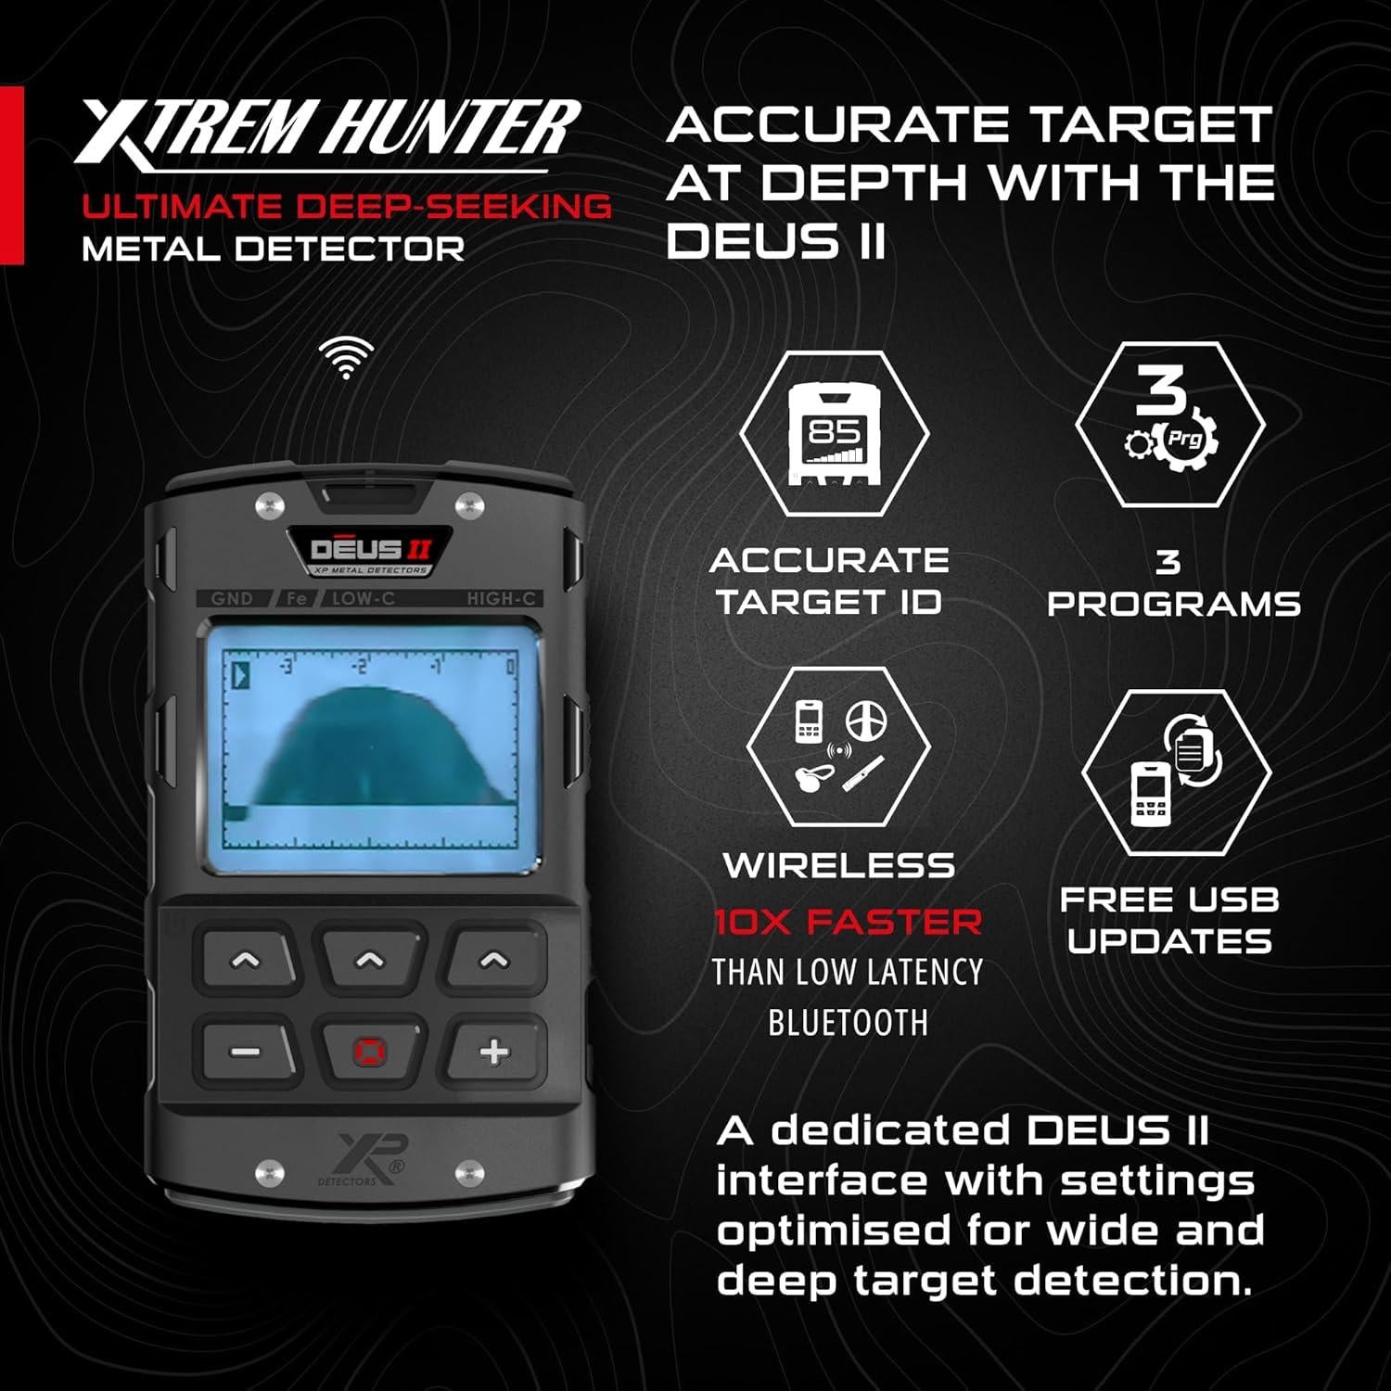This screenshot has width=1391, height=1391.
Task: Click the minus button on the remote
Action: pos(246,1052)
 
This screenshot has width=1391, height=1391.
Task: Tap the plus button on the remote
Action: pos(494,1052)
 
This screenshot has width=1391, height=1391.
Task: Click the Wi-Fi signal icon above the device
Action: pos(346,357)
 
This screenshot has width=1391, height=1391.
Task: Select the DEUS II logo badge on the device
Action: pos(370,552)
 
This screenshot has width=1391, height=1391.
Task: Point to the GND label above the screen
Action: pos(232,598)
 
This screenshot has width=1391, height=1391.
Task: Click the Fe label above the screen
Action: pos(297,598)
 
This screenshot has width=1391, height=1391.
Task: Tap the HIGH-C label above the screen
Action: pos(501,598)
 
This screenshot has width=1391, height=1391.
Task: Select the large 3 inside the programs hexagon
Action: pos(1160,390)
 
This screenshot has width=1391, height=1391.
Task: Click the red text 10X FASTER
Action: pos(848,922)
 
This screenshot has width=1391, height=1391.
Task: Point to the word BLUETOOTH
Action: pos(848,1022)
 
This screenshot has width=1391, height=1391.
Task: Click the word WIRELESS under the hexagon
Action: pos(838,865)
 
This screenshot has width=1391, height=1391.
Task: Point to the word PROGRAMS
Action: pos(1174,604)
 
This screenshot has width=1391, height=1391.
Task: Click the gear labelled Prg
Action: pos(1183,440)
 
